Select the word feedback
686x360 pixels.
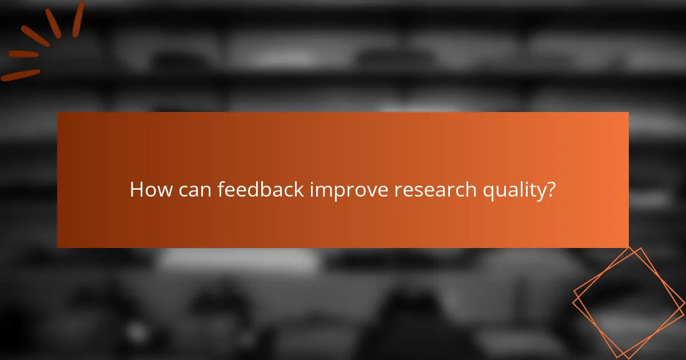261,190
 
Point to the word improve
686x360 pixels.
349,190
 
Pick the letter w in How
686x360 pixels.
162,191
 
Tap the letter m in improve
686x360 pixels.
324,191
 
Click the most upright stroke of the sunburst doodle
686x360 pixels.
78,18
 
